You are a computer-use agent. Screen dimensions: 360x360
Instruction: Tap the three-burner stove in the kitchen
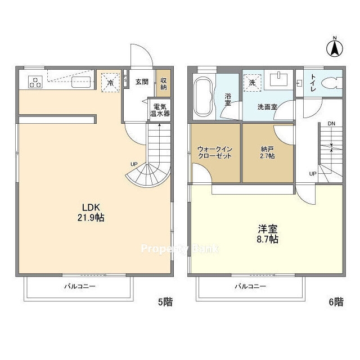(35, 82)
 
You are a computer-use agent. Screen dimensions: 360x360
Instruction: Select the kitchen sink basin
(80, 82)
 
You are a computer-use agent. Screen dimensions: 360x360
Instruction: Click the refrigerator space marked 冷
(110, 83)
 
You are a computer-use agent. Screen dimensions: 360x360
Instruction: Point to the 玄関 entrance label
(142, 82)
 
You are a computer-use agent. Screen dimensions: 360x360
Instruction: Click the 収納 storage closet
(164, 83)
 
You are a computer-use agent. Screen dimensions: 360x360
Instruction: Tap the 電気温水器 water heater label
(160, 110)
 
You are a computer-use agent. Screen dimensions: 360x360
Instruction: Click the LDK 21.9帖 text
(91, 213)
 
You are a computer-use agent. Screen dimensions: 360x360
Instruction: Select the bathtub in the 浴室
(202, 97)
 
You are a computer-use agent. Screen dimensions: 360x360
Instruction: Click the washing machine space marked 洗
(252, 83)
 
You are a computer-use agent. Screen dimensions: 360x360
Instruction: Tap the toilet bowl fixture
(331, 83)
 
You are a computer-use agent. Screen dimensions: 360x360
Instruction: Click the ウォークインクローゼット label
(215, 152)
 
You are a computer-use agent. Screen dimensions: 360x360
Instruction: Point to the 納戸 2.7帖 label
(268, 152)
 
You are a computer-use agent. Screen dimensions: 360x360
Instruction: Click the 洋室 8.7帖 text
(268, 234)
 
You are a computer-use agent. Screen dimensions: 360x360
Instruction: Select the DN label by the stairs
(331, 124)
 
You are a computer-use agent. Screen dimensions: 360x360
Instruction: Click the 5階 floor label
(165, 301)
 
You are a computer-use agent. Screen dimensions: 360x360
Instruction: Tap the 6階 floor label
(336, 301)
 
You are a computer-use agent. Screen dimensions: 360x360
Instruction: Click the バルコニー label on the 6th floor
(250, 286)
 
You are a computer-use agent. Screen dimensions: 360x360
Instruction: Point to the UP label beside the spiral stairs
(134, 164)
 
